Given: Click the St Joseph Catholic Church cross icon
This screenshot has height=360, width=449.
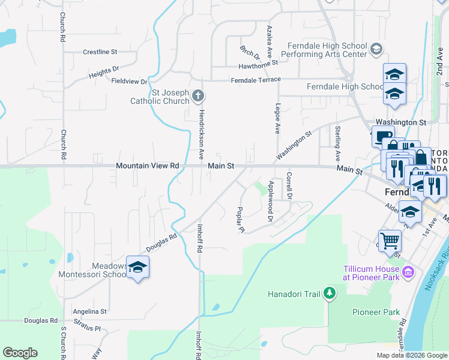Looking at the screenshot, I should click(198, 95).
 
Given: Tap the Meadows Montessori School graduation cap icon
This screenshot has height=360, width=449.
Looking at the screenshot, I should click(137, 268).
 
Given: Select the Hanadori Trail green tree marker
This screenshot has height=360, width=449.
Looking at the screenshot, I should click(329, 293).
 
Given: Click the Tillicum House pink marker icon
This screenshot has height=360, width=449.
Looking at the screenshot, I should click(408, 273).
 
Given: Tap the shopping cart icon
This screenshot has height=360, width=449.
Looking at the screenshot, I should click(390, 241).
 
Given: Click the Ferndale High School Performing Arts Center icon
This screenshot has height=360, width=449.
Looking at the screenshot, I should click(376, 49).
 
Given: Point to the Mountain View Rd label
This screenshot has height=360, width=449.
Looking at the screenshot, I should click(148, 166).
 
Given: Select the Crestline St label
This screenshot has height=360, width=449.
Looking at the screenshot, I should click(100, 52).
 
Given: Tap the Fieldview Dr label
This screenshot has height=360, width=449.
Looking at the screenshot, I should click(129, 81).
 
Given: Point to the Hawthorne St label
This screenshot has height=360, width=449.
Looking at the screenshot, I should click(258, 62).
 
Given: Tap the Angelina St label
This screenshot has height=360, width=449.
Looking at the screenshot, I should click(89, 311).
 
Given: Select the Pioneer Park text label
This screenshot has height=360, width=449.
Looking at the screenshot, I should click(376, 312).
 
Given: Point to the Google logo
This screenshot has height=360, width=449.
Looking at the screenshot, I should click(20, 353).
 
